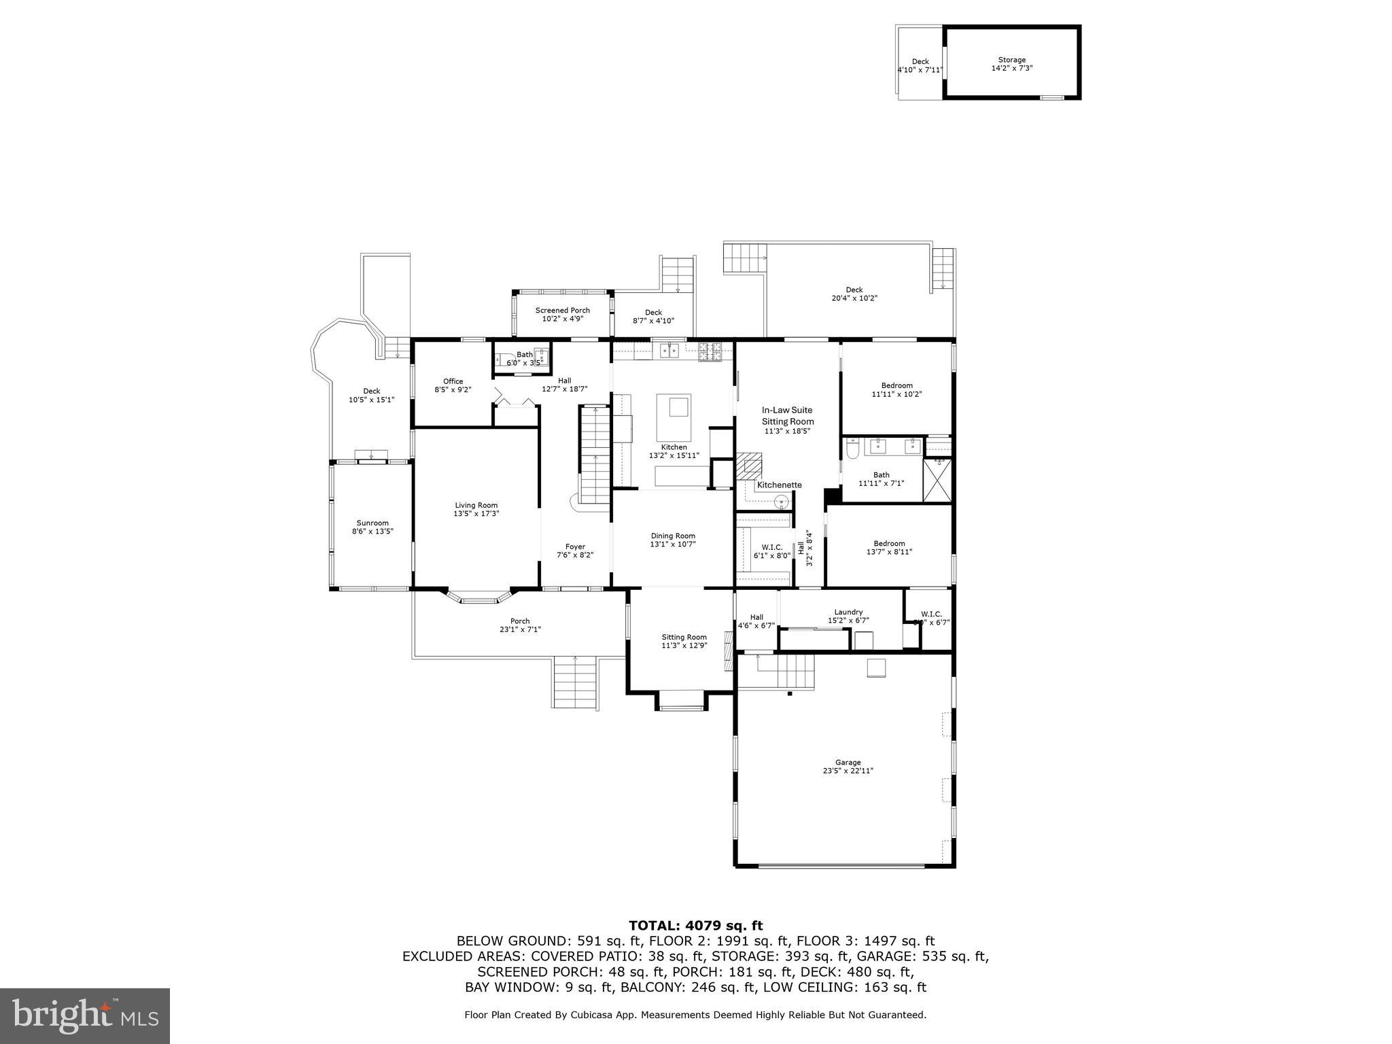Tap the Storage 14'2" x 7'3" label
(x=1011, y=64)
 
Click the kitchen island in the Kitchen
(x=674, y=417)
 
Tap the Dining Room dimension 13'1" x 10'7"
(x=673, y=544)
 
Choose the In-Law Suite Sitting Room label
(x=787, y=415)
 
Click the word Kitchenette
(x=779, y=485)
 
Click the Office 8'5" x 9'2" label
(x=453, y=385)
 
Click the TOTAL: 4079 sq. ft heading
(x=695, y=925)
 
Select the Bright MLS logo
(x=85, y=1015)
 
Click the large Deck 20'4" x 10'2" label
(x=854, y=294)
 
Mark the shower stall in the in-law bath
(x=937, y=481)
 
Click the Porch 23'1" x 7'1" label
(x=520, y=625)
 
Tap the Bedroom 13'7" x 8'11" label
(x=889, y=547)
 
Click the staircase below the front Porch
(x=575, y=682)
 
